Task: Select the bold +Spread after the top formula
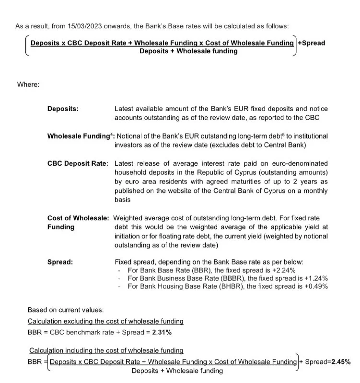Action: click(x=311, y=43)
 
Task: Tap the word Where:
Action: click(x=28, y=85)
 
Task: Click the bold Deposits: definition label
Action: click(x=63, y=109)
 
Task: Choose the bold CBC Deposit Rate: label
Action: click(x=78, y=163)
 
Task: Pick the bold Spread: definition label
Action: click(x=60, y=262)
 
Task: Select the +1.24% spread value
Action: click(x=317, y=278)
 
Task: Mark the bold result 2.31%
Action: click(x=162, y=332)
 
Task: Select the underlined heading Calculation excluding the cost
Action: click(x=105, y=321)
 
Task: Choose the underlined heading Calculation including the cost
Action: click(x=106, y=351)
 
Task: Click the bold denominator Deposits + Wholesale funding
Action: click(x=188, y=51)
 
